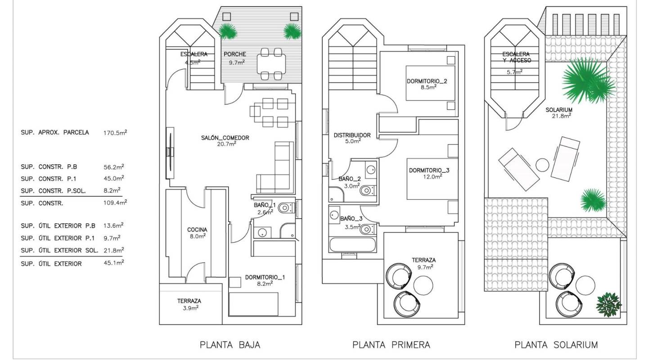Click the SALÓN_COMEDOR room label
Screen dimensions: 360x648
pyautogui.click(x=225, y=138)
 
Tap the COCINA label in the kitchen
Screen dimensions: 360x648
pyautogui.click(x=197, y=229)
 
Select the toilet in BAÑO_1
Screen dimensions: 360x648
pyautogui.click(x=284, y=208)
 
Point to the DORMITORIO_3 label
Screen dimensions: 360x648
pyautogui.click(x=429, y=171)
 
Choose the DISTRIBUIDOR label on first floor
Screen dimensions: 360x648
pyautogui.click(x=352, y=135)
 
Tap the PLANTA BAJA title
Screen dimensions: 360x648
pyautogui.click(x=230, y=345)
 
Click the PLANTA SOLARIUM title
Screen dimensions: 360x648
pyautogui.click(x=556, y=345)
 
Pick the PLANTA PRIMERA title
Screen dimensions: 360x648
pyautogui.click(x=391, y=345)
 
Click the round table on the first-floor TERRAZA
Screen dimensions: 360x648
pyautogui.click(x=423, y=284)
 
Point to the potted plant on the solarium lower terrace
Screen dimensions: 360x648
pyautogui.click(x=608, y=305)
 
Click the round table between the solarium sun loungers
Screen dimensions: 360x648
pyautogui.click(x=543, y=165)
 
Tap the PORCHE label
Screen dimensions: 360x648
pyautogui.click(x=234, y=54)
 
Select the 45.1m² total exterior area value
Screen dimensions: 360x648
pyautogui.click(x=113, y=263)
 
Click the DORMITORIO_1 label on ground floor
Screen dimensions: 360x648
pyautogui.click(x=265, y=277)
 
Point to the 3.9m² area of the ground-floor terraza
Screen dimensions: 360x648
pyautogui.click(x=189, y=308)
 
